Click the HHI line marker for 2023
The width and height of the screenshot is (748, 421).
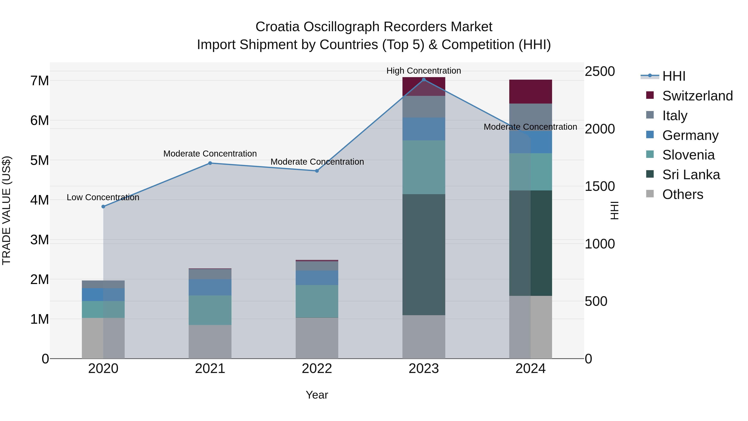pos(424,80)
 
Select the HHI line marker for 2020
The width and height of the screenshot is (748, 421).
pos(103,207)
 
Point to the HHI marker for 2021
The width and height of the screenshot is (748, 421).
pos(210,163)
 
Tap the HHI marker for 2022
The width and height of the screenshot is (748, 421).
pos(317,171)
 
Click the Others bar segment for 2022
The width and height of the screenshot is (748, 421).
pos(317,338)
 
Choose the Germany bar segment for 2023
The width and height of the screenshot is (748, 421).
pos(424,129)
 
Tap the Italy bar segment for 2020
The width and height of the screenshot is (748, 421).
pos(103,284)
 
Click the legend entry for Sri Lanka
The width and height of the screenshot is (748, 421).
pos(691,175)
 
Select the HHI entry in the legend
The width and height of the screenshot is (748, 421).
pos(674,76)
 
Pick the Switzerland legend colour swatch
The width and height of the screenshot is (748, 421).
pos(650,95)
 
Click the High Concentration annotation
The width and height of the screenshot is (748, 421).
pos(424,71)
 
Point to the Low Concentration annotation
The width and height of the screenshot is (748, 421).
pos(103,197)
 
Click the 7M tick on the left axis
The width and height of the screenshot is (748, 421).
pos(40,81)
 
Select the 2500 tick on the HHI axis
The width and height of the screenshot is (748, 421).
pos(600,72)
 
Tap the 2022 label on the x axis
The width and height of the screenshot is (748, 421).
pos(317,369)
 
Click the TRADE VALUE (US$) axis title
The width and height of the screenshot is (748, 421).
pos(6,210)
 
